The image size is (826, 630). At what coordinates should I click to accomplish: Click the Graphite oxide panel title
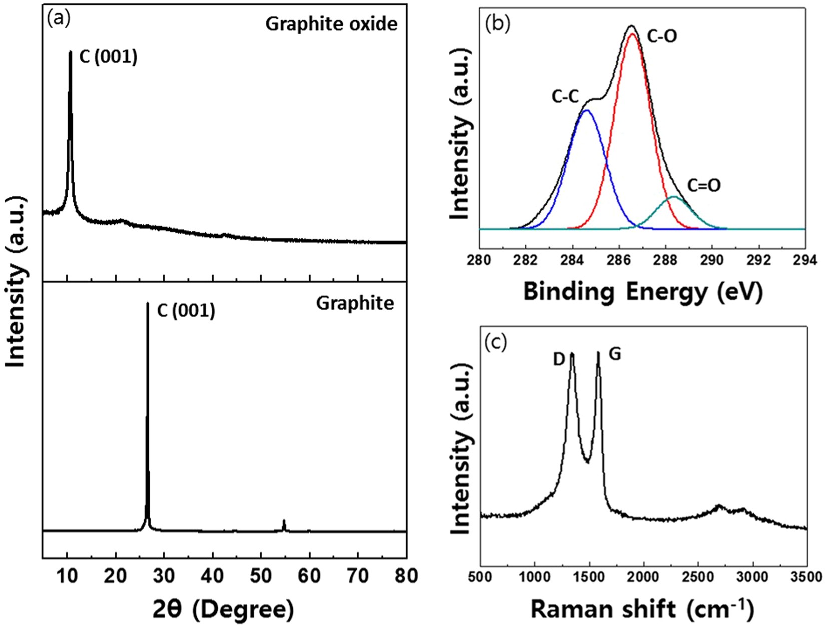pyautogui.click(x=331, y=24)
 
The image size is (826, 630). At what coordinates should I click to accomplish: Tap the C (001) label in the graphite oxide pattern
pyautogui.click(x=108, y=57)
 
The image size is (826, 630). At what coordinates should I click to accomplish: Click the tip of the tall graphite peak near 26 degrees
pyautogui.click(x=147, y=304)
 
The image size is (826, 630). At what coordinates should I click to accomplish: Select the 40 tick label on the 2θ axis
pyautogui.click(x=213, y=576)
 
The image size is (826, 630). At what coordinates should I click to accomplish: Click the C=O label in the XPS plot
pyautogui.click(x=704, y=186)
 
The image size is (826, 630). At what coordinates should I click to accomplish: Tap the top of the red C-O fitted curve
pyautogui.click(x=632, y=34)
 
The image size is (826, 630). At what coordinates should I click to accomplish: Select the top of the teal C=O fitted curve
pyautogui.click(x=674, y=197)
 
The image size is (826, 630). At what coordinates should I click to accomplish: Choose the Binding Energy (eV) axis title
pyautogui.click(x=642, y=291)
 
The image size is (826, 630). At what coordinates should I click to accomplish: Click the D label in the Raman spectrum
pyautogui.click(x=559, y=358)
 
